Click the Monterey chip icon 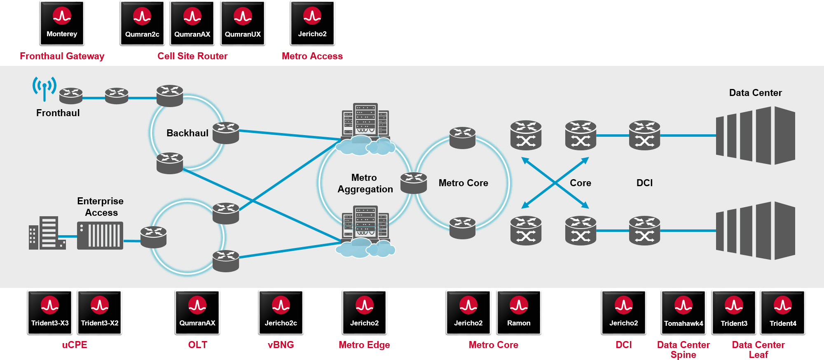[62, 23]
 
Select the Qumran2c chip [142, 23]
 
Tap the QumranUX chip [243, 23]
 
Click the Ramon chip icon [519, 312]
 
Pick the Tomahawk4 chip [684, 312]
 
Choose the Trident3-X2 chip [100, 312]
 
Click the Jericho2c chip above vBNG [281, 312]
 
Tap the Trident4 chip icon [783, 312]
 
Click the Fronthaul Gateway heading [62, 56]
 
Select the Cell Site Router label [192, 56]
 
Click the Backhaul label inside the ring [187, 133]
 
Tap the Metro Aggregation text [365, 183]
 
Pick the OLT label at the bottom [198, 345]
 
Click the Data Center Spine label [684, 349]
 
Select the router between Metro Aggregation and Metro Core [414, 183]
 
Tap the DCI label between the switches [644, 183]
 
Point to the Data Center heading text [755, 93]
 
